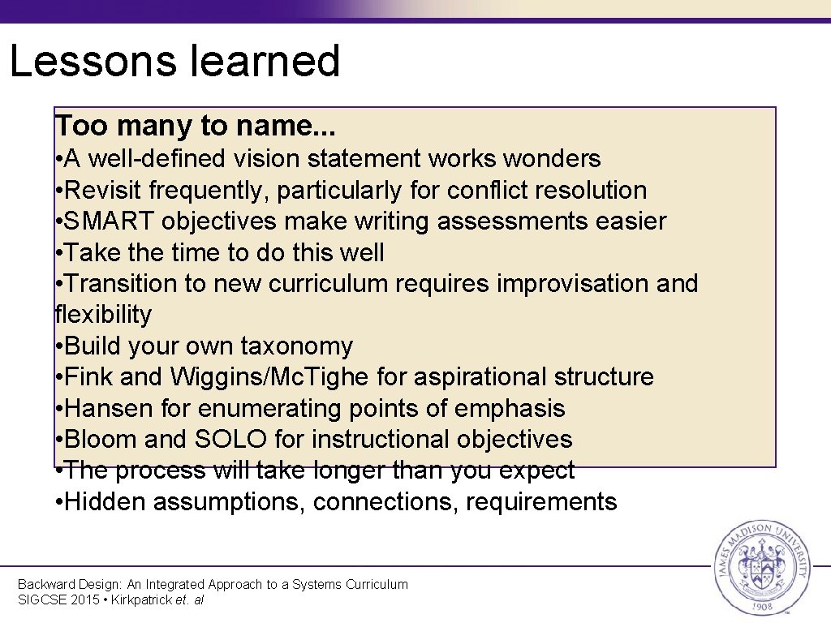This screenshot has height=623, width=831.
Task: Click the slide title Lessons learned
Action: pos(174,62)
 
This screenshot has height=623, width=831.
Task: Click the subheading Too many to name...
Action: pos(195,126)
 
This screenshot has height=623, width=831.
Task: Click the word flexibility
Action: pos(103,315)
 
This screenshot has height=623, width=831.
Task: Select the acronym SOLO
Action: pos(230,440)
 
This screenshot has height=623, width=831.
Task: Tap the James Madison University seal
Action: pos(760,568)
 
